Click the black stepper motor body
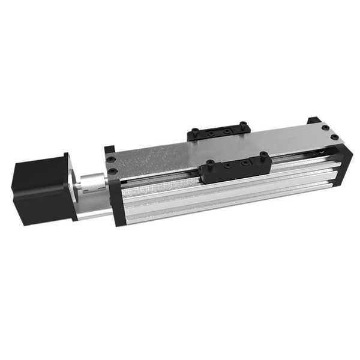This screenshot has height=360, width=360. pyautogui.click(x=39, y=188)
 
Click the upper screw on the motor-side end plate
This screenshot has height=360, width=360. pyautogui.click(x=111, y=160)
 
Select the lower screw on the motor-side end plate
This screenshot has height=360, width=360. pyautogui.click(x=112, y=172)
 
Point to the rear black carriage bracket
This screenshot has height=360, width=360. pyautogui.click(x=218, y=131)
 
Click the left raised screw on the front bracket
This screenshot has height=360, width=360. pyautogui.click(x=211, y=163)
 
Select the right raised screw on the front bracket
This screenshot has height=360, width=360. pyautogui.click(x=262, y=156)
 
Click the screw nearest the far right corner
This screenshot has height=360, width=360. pyautogui.click(x=334, y=137)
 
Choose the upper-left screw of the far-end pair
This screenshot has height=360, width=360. pyautogui.click(x=325, y=127)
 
